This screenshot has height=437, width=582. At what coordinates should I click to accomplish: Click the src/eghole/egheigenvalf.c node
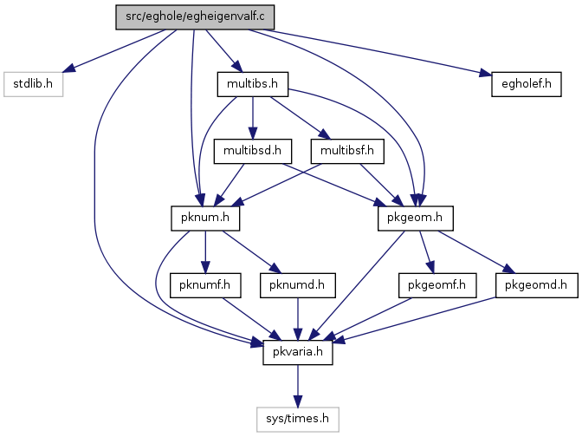click(x=195, y=17)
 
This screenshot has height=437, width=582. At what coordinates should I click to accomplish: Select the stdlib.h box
click(x=34, y=84)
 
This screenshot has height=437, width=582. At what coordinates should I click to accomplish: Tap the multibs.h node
click(x=253, y=84)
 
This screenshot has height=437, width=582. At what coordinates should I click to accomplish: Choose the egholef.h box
click(x=527, y=84)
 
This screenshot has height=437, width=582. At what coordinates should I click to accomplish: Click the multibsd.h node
click(x=253, y=151)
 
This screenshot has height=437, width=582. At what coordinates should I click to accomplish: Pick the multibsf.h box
click(x=347, y=151)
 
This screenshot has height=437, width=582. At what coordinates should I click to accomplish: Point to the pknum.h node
click(x=205, y=218)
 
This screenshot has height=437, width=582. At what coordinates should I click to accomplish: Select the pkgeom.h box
click(x=416, y=218)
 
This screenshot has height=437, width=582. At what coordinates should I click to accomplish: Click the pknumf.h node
click(x=205, y=285)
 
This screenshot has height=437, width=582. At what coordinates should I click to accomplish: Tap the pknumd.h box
click(x=298, y=285)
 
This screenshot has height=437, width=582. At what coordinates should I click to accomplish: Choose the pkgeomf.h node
click(x=437, y=285)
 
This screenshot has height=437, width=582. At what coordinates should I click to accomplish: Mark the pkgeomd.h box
click(x=536, y=285)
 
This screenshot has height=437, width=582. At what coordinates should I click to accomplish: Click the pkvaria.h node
click(x=298, y=352)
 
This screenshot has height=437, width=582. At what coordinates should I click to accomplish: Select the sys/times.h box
click(x=298, y=420)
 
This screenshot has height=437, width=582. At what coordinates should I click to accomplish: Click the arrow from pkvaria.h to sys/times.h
click(x=298, y=386)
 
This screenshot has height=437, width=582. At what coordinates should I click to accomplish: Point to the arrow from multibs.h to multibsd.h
click(x=253, y=118)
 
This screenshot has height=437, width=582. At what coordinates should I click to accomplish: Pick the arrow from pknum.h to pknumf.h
click(x=205, y=252)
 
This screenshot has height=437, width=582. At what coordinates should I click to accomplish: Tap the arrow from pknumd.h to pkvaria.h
click(x=298, y=319)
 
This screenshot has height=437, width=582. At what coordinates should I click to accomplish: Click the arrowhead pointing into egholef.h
click(x=486, y=73)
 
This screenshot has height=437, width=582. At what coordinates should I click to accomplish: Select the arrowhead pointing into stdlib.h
click(x=69, y=68)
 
